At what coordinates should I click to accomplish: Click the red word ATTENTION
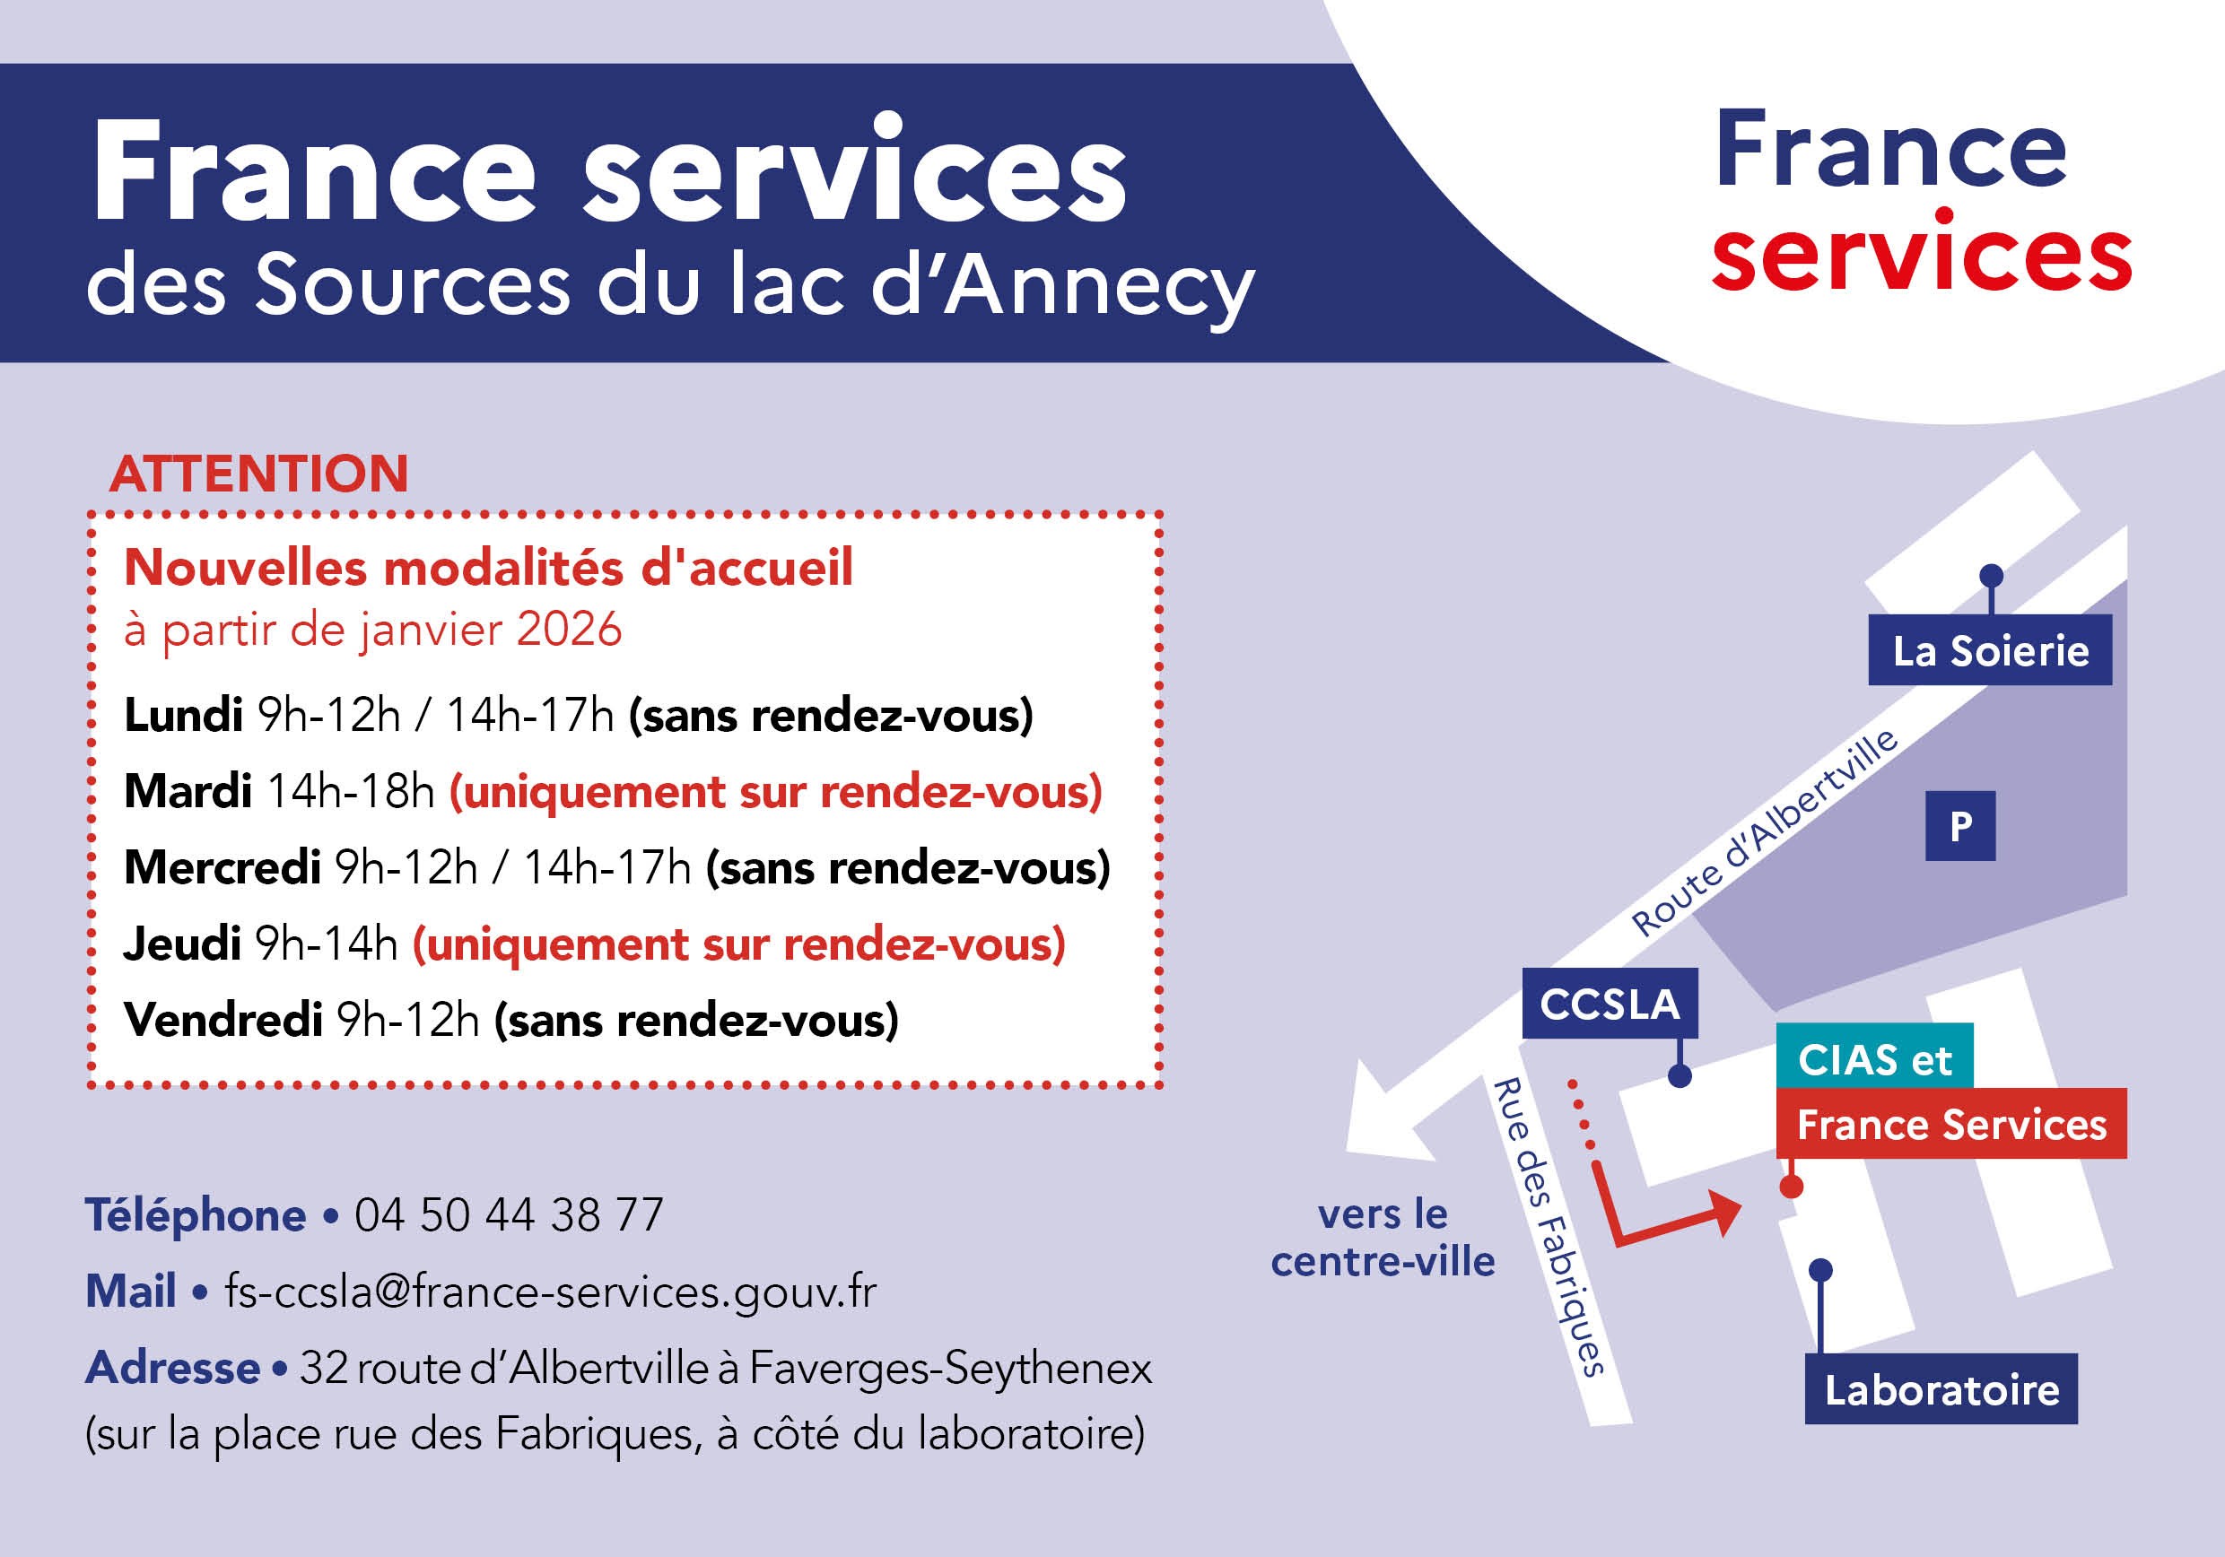pyautogui.click(x=258, y=474)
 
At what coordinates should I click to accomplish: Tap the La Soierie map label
pyautogui.click(x=1991, y=650)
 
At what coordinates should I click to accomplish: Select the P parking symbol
pyautogui.click(x=1960, y=825)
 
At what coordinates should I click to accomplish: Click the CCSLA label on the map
pyautogui.click(x=1610, y=1004)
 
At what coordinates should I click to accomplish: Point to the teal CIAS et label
pyautogui.click(x=1874, y=1059)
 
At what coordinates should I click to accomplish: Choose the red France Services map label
pyautogui.click(x=1951, y=1124)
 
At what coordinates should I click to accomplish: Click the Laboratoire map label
pyautogui.click(x=1941, y=1389)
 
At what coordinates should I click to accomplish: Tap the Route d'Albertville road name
pyautogui.click(x=1765, y=831)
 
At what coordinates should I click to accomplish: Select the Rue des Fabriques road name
pyautogui.click(x=1550, y=1227)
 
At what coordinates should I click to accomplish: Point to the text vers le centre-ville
pyautogui.click(x=1383, y=1238)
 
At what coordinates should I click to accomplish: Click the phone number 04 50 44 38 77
pyautogui.click(x=509, y=1215)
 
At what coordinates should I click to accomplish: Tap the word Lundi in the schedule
pyautogui.click(x=183, y=715)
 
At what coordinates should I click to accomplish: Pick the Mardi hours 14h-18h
pyautogui.click(x=350, y=792)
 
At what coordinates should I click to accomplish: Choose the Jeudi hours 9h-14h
pyautogui.click(x=327, y=944)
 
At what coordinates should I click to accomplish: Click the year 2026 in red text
pyautogui.click(x=569, y=630)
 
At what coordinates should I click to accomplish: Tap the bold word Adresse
pyautogui.click(x=172, y=1368)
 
